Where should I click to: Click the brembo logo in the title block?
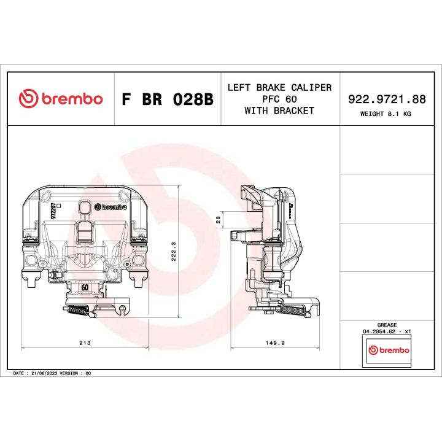pyautogui.click(x=60, y=99)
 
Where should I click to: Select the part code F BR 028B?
pyautogui.click(x=167, y=99)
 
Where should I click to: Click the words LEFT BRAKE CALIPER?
pyautogui.click(x=279, y=88)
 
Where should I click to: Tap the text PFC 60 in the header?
pyautogui.click(x=279, y=99)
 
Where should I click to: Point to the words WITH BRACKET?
pyautogui.click(x=279, y=111)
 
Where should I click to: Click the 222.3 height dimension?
pyautogui.click(x=173, y=250)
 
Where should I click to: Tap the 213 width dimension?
pyautogui.click(x=85, y=343)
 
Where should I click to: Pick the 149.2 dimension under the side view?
pyautogui.click(x=274, y=343)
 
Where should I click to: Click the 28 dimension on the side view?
pyautogui.click(x=217, y=219)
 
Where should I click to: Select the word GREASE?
pyautogui.click(x=387, y=325)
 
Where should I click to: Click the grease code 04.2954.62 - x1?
pyautogui.click(x=387, y=331)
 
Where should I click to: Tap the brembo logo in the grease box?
pyautogui.click(x=387, y=350)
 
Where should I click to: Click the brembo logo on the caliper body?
pyautogui.click(x=103, y=207)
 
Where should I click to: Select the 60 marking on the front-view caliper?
pyautogui.click(x=85, y=287)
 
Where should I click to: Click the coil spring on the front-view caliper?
pyautogui.click(x=80, y=311)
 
